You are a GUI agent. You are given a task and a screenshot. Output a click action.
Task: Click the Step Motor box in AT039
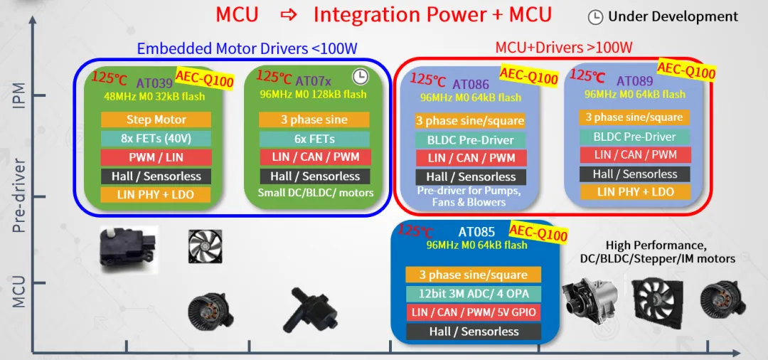156,120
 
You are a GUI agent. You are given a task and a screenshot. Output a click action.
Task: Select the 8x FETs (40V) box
156,139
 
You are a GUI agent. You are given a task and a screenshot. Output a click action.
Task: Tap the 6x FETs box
314,139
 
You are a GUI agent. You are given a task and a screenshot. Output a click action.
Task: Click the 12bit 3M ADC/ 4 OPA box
474,294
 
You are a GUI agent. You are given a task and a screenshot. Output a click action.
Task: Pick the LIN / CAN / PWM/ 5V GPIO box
474,312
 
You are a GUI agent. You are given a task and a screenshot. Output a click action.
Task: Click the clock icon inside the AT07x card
360,77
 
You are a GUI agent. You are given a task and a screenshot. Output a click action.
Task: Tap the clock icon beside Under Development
595,17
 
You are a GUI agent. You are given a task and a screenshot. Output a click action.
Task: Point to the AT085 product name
476,232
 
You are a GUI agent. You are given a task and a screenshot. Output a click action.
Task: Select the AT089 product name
634,81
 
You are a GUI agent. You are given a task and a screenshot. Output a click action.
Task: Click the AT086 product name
471,84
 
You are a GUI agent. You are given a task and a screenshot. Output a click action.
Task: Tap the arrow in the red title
289,16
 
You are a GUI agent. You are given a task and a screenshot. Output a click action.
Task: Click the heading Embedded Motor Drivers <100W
247,48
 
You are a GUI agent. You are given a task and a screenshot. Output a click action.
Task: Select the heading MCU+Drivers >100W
564,48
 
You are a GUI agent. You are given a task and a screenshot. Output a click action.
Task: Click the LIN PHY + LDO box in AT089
635,191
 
